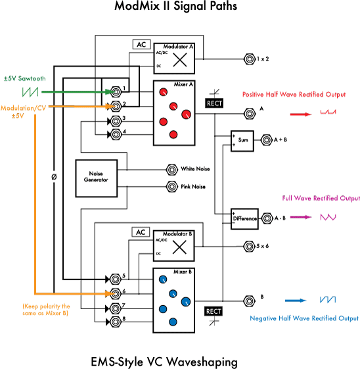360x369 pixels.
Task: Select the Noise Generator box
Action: (x=96, y=178)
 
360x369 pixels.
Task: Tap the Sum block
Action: (x=242, y=141)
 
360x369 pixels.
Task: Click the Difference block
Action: (x=242, y=218)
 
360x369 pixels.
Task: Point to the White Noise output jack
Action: (x=173, y=169)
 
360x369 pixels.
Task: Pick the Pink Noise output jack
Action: (x=173, y=186)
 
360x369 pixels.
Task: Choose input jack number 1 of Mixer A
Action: (x=116, y=89)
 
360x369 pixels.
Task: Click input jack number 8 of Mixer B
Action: (x=116, y=321)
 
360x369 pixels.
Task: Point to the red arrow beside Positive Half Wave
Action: (x=300, y=113)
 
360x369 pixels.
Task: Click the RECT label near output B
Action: (x=213, y=310)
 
